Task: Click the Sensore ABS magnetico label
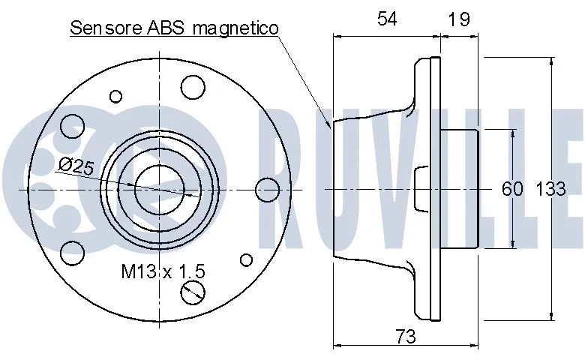(174, 28)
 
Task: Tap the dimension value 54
(387, 20)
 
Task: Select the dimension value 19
(458, 20)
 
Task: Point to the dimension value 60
(511, 189)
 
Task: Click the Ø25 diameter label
(75, 167)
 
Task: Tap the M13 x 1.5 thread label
(163, 271)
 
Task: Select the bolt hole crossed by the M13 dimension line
(193, 291)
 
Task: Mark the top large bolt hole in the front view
(193, 88)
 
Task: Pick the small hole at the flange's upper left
(115, 95)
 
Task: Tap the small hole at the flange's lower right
(245, 260)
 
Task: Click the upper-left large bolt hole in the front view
(72, 124)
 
